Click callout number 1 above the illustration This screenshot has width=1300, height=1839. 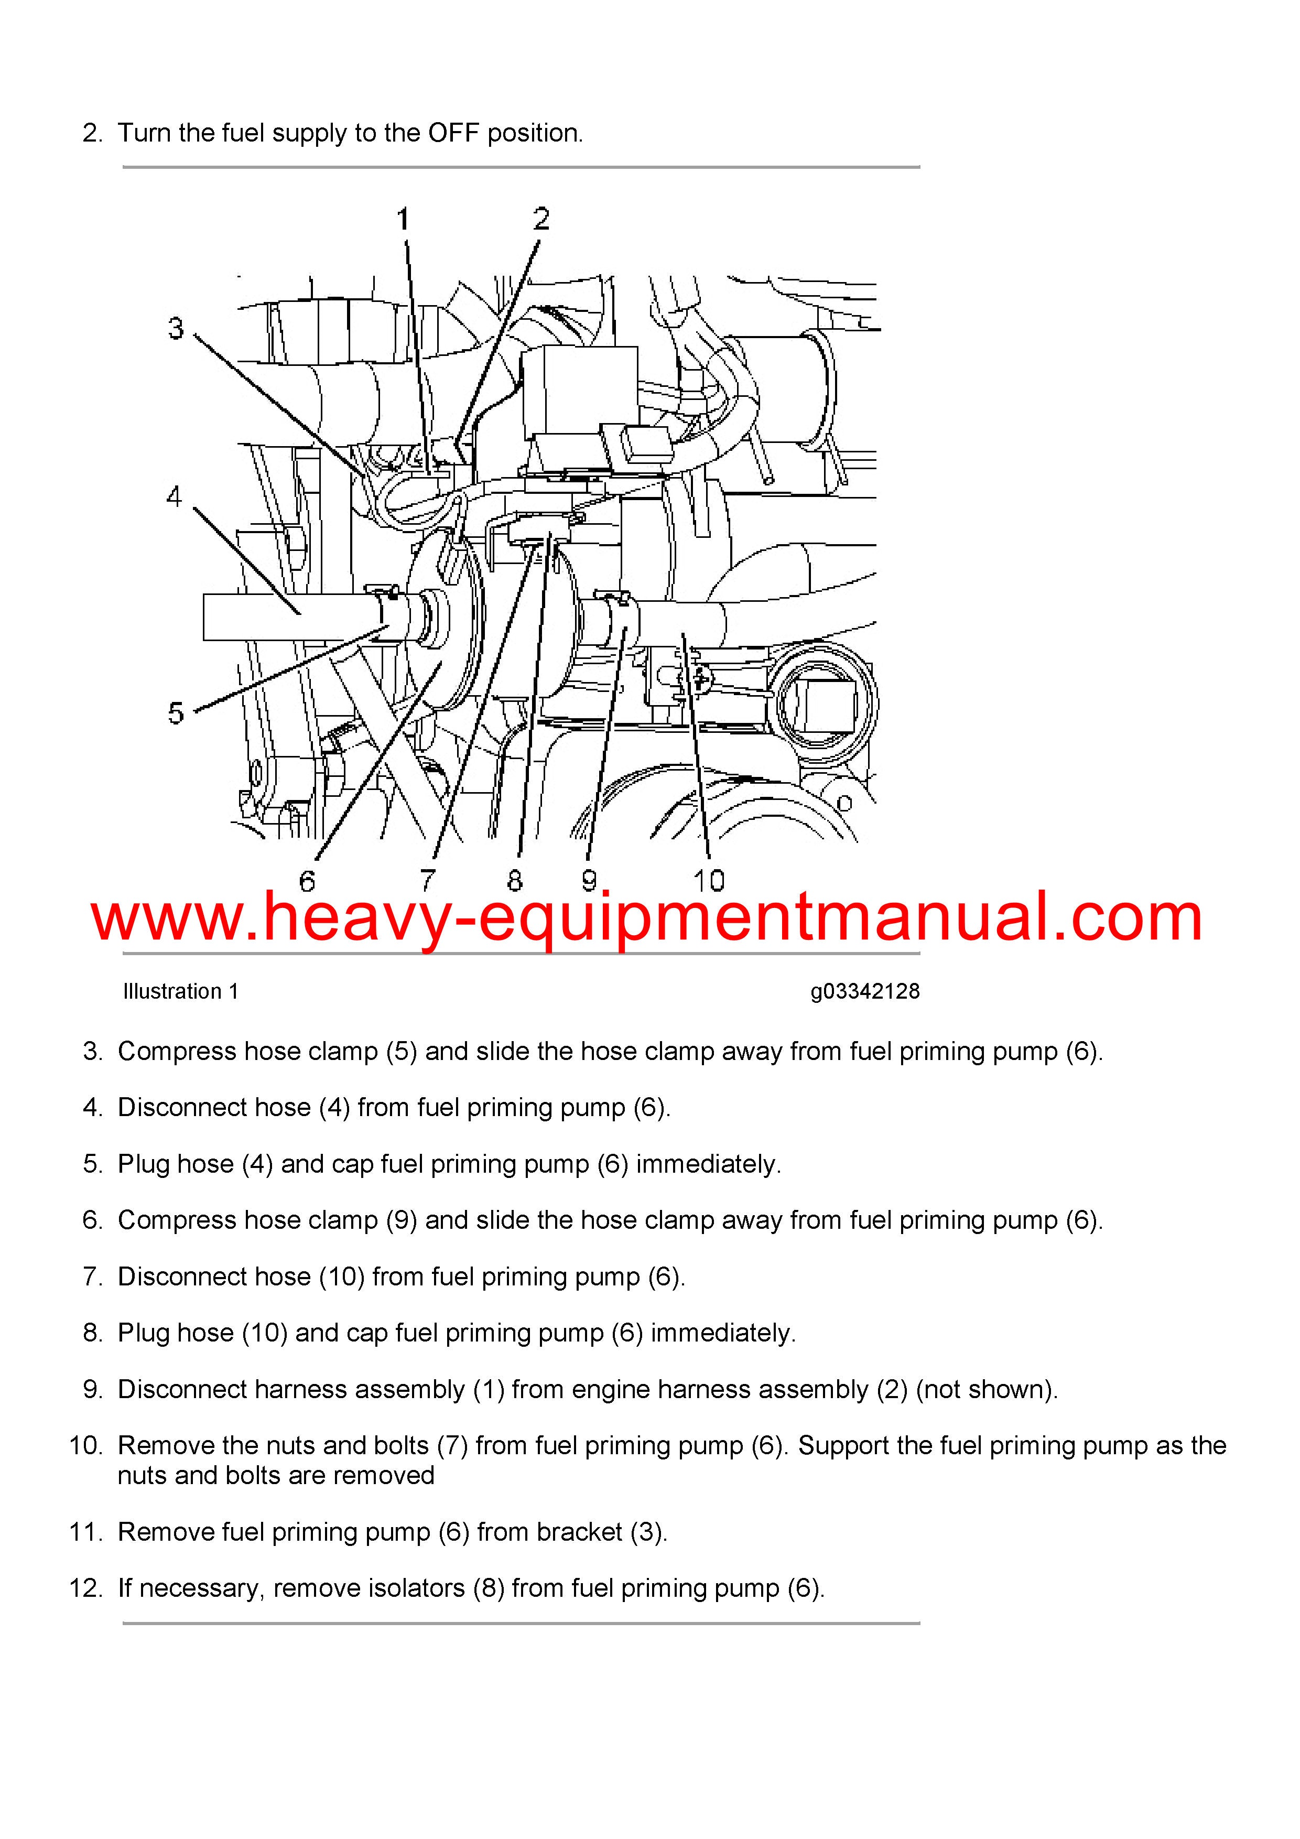(x=404, y=219)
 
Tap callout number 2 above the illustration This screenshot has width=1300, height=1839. (x=541, y=219)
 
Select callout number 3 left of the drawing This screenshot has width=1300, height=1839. (x=176, y=328)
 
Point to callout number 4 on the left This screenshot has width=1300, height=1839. (x=175, y=496)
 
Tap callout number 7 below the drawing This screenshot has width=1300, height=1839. (x=428, y=881)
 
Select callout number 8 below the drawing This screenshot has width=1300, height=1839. (x=515, y=881)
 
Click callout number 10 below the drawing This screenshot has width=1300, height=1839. (x=709, y=881)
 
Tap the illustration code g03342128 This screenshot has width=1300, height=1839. (x=865, y=992)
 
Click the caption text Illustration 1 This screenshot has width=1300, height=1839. (x=181, y=992)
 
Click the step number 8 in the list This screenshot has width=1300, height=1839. (x=92, y=1333)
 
